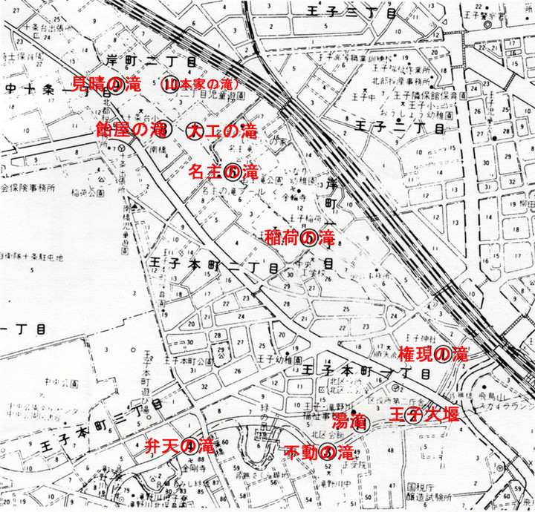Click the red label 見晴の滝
tap(106, 83)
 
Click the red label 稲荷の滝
tap(299, 237)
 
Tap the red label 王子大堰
tap(419, 413)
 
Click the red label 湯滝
tap(347, 422)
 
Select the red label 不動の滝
tap(319, 452)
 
